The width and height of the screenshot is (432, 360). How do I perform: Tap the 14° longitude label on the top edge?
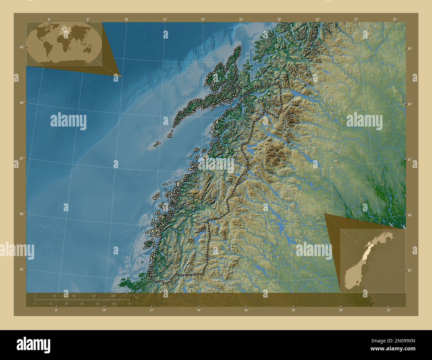pos(203,19)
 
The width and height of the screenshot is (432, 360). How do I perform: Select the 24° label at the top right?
pos(394,19)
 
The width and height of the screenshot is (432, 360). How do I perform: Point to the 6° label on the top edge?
pos(49,19)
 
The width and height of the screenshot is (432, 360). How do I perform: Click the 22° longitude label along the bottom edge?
pos(388,310)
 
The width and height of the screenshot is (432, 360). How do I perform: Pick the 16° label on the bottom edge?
pos(246,310)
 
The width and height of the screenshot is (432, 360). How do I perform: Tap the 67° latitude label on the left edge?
pos(21,158)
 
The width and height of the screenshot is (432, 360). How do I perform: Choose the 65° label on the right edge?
pos(410,270)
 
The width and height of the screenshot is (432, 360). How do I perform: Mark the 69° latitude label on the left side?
pos(21,47)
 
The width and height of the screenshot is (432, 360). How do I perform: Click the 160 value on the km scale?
pos(113,296)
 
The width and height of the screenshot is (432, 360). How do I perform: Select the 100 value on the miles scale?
pos(113,304)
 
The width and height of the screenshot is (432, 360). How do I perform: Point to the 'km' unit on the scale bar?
pos(136,297)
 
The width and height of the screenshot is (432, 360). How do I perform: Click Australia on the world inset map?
pos(89,50)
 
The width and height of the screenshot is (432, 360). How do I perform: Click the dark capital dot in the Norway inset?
pos(357,282)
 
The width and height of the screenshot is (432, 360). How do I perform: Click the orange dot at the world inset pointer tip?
pos(120,76)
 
